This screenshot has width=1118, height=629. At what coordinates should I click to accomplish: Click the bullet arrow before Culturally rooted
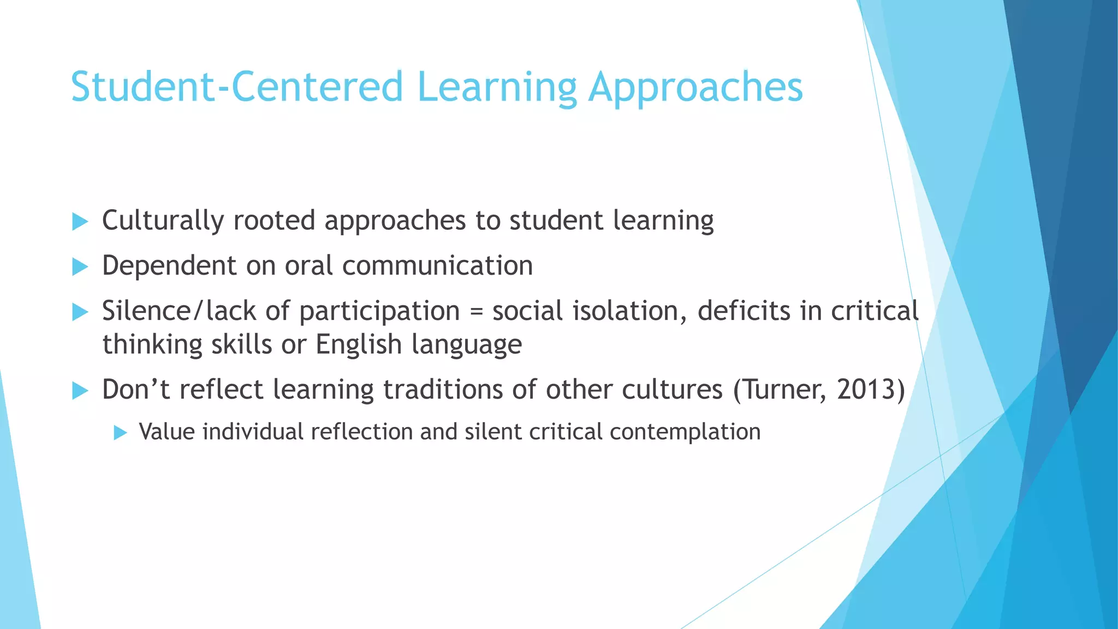click(80, 222)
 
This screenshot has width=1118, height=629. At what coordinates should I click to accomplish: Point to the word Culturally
click(163, 221)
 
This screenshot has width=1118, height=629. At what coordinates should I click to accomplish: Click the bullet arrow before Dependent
click(80, 267)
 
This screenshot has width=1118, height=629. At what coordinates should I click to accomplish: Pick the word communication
click(437, 266)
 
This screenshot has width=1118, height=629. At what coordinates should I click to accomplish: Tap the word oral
click(309, 266)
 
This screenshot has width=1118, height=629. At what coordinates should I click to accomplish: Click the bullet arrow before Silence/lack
click(80, 312)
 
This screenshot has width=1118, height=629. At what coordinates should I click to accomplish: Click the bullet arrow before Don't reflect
click(80, 390)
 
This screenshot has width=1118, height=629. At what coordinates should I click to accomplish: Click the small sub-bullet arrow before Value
click(120, 433)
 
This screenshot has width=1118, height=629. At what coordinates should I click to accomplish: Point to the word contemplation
click(685, 432)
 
